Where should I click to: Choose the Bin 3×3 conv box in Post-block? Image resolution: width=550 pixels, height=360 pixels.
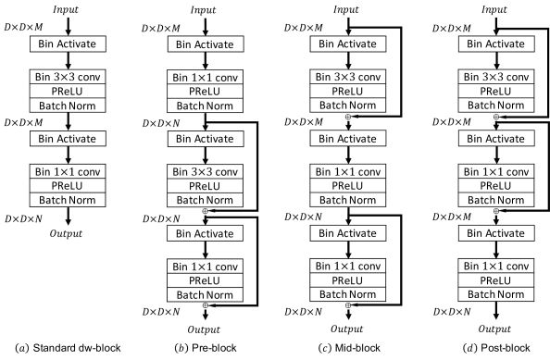tap(496, 78)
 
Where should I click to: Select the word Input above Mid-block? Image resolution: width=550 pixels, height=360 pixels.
tap(349, 9)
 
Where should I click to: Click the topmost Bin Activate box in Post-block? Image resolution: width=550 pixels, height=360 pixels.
tap(496, 43)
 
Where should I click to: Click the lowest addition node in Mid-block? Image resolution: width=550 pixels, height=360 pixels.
tap(349, 304)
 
